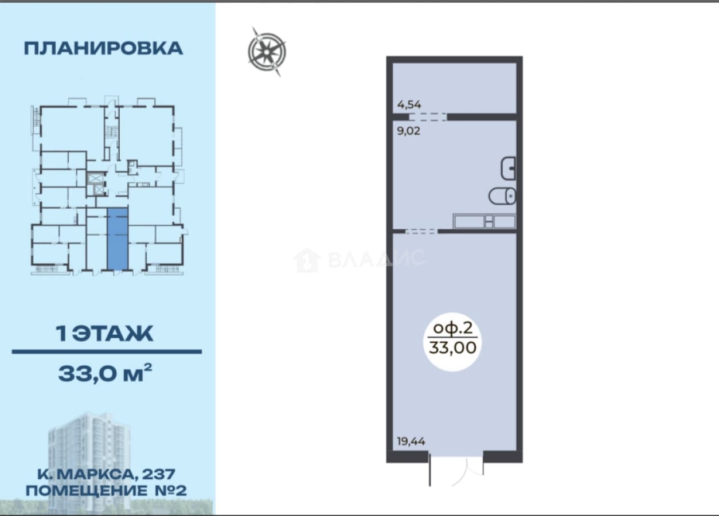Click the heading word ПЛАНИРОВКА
(103, 49)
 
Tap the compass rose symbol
(267, 52)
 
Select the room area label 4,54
(409, 104)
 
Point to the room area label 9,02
(409, 131)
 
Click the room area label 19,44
(411, 441)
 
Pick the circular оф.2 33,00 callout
(452, 342)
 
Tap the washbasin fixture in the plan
(508, 169)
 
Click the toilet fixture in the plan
(502, 196)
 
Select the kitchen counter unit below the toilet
(484, 221)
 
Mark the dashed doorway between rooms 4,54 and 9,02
(428, 117)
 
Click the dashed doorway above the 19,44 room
(421, 231)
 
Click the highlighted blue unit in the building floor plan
(118, 239)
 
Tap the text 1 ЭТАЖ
(105, 334)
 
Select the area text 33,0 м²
(105, 373)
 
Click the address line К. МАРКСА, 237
(106, 474)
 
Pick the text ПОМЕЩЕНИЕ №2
(106, 491)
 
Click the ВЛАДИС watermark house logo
(307, 260)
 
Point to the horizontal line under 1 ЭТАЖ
(107, 352)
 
